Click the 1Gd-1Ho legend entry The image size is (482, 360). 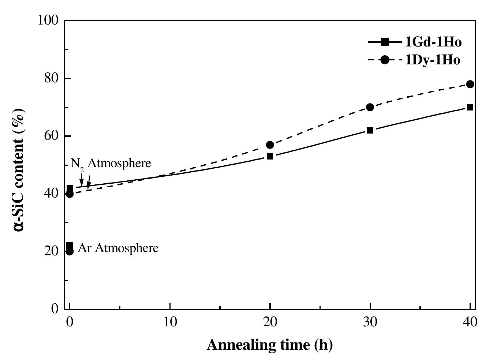pos(415,42)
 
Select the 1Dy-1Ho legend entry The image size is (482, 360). pos(415,60)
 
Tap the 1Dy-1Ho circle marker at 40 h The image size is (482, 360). pos(470,84)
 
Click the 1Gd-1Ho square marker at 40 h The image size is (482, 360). pos(470,107)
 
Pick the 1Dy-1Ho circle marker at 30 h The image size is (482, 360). pos(370,107)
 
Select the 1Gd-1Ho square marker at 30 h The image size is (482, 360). pos(370,130)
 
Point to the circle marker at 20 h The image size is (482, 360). pos(270,145)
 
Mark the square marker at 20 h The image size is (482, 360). pos(270,156)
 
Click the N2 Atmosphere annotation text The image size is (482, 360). pos(111,163)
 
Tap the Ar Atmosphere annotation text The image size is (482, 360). pos(118,248)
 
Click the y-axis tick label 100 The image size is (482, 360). pos(48,20)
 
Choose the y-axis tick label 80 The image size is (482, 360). pos(52,78)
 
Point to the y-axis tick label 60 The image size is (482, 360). pos(52,136)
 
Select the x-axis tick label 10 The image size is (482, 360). pos(170,322)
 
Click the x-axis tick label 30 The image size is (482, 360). pos(370,322)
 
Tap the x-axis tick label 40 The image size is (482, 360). pos(470,322)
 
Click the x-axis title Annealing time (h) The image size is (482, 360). pos(270,345)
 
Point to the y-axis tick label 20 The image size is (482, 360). pos(52,251)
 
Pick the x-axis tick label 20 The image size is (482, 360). pos(270,322)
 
